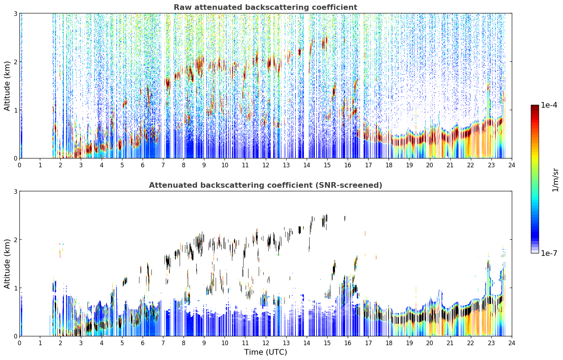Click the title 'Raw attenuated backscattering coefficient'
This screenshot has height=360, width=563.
tap(265, 7)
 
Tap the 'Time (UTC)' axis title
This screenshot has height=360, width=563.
tap(265, 352)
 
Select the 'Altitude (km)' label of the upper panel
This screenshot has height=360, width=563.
tap(7, 86)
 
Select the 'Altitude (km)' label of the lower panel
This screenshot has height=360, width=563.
tap(7, 264)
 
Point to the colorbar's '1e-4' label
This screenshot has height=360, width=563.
tap(549, 105)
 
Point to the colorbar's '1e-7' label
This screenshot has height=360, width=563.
tap(549, 253)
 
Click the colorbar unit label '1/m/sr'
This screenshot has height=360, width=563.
tap(555, 180)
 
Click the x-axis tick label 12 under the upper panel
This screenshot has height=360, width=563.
tap(266, 165)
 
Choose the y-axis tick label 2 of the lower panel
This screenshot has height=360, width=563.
tap(15, 240)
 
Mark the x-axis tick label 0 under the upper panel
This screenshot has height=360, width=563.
tap(20, 165)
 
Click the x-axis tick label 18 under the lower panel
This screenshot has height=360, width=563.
tap(389, 343)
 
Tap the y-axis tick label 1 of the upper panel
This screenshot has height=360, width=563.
tap(15, 110)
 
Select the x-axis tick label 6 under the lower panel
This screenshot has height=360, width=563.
tap(143, 343)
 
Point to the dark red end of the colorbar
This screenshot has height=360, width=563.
tap(535, 107)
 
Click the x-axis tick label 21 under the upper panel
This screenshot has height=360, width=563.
tap(450, 165)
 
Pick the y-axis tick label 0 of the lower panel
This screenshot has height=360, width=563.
tap(15, 336)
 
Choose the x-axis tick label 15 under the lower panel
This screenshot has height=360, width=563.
tap(327, 343)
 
